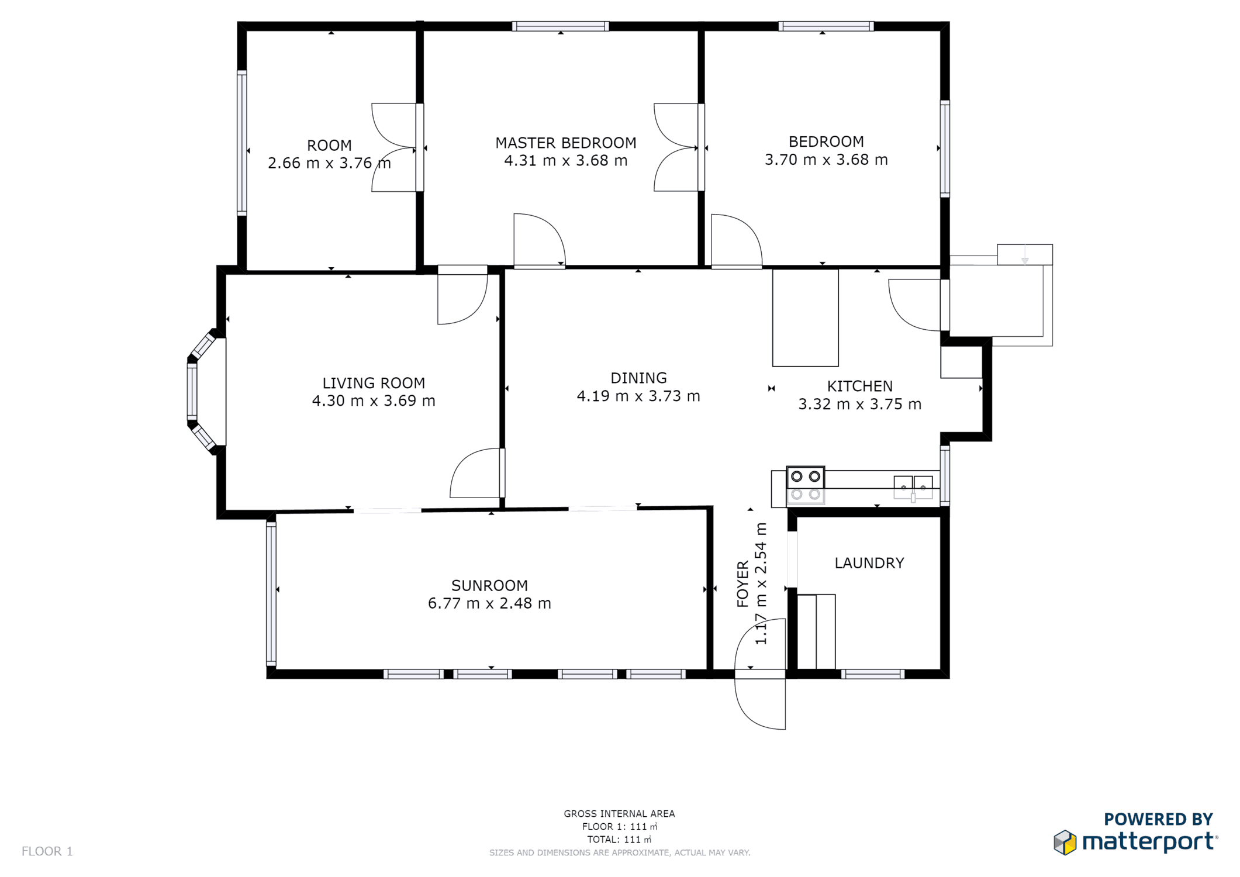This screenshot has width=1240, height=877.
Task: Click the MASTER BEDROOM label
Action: tap(565, 143)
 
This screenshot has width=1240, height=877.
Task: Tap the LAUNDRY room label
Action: tap(869, 563)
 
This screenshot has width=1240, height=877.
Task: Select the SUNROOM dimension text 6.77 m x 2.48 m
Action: tap(489, 603)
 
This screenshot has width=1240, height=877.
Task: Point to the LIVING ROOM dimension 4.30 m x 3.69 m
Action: tap(374, 401)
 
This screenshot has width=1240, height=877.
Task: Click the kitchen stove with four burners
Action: tap(806, 485)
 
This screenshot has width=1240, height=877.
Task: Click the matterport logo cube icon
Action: tap(1065, 843)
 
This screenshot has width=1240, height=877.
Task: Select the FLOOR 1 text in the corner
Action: tap(47, 851)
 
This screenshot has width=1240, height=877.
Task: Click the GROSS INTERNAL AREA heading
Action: tap(619, 814)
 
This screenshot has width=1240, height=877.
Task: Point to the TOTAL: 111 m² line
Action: tap(619, 840)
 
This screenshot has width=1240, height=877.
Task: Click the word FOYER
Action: tap(742, 584)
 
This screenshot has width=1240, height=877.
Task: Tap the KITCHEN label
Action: tap(859, 386)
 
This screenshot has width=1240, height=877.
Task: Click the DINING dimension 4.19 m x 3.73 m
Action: tap(638, 396)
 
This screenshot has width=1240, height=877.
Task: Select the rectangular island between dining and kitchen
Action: tap(805, 318)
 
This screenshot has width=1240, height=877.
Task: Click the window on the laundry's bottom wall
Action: tap(873, 674)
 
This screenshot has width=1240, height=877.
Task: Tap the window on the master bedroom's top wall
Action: tap(560, 26)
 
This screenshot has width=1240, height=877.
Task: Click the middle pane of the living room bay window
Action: tap(192, 391)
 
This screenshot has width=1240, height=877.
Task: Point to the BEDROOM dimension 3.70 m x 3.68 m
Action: tap(826, 160)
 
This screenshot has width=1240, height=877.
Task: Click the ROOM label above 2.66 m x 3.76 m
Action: tap(329, 146)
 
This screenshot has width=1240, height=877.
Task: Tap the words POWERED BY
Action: tap(1158, 820)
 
